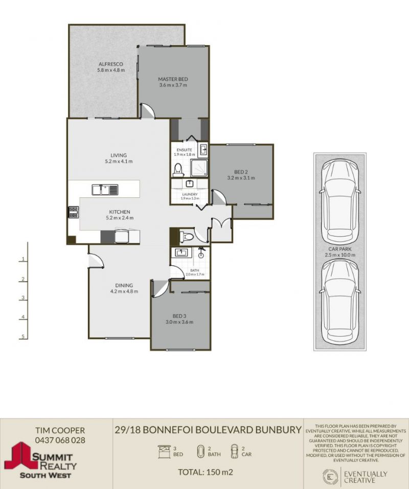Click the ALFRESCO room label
pos(111,64)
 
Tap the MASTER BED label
pos(173,79)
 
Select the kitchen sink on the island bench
pos(105,190)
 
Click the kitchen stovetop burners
pos(74,213)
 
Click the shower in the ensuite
pos(199,168)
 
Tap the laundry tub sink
pos(190,183)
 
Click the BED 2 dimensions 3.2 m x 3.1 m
pos(241,178)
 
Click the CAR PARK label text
pos(340,249)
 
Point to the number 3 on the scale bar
pos(23,298)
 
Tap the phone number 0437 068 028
pos(60,440)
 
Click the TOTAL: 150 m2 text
pos(206,472)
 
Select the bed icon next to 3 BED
pos(164,451)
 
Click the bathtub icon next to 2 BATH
pos(201,451)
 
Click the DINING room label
pos(124,285)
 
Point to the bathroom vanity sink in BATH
pos(181,252)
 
